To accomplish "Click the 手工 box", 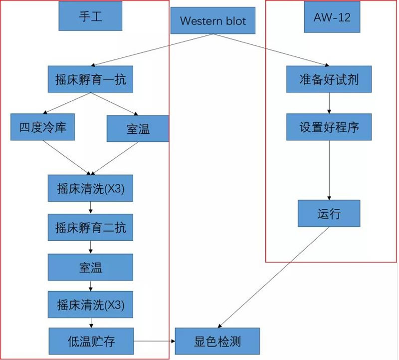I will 90,16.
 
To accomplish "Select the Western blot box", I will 213,21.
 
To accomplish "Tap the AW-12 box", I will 332,17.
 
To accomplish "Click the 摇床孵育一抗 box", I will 90,79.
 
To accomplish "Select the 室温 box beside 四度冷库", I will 138,128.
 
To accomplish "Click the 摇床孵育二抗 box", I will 90,228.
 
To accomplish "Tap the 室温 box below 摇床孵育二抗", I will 90,267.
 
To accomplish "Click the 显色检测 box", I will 217,342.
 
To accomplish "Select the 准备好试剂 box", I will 329,79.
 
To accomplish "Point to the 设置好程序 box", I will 329,127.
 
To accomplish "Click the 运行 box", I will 329,213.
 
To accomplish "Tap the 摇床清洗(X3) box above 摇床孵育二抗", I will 90,188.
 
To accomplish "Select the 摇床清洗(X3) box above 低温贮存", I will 90,304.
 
